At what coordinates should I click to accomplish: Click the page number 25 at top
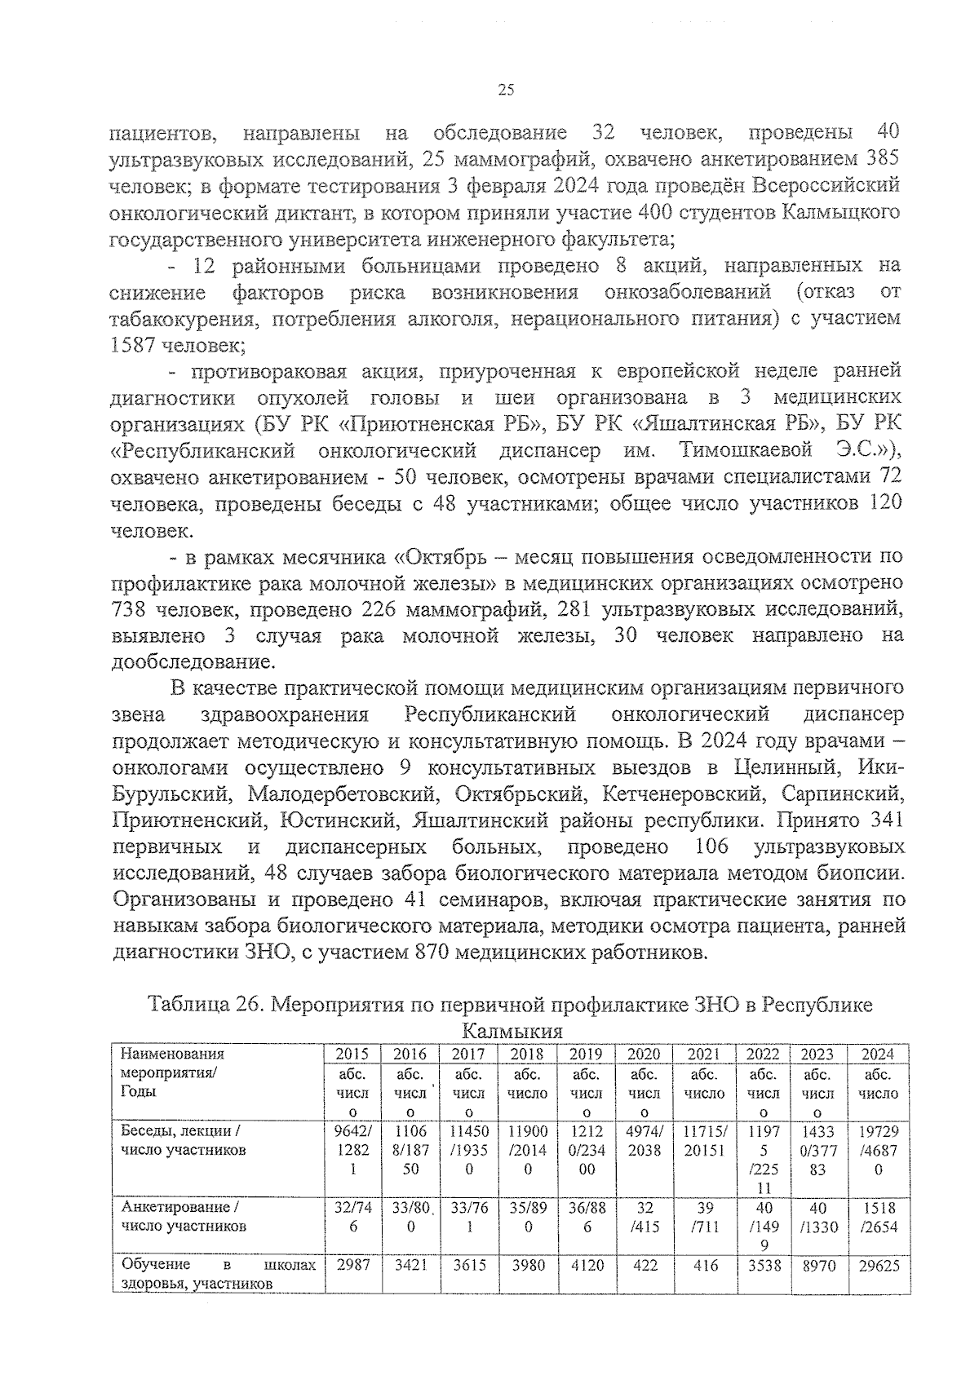point(505,91)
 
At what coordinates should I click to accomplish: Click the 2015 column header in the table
point(352,1054)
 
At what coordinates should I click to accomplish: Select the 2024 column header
point(878,1054)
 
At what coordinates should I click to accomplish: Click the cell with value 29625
point(878,1266)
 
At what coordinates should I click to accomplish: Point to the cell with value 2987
point(352,1266)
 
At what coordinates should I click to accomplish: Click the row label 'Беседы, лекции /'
point(179,1131)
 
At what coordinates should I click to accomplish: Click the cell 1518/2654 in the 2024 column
point(878,1216)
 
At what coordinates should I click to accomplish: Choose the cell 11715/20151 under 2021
point(703,1141)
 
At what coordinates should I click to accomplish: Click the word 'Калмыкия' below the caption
point(512,1031)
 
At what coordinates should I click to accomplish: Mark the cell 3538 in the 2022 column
point(763,1266)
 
